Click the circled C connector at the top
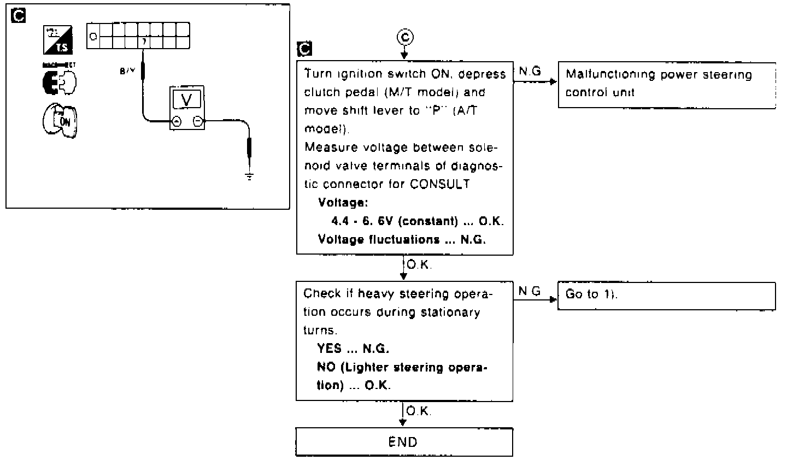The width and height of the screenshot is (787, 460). tap(404, 37)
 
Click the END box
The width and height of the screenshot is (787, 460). tap(404, 442)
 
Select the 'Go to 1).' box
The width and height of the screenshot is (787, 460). tap(666, 296)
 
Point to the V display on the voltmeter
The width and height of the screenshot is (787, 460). tap(186, 100)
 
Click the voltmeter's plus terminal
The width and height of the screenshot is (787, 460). tap(177, 122)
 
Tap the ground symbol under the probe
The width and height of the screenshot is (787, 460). tap(249, 176)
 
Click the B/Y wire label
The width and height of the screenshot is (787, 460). tap(128, 71)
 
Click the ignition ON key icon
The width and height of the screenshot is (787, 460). tap(60, 121)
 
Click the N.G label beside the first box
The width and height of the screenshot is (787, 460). tap(530, 72)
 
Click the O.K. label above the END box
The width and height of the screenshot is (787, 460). tap(419, 411)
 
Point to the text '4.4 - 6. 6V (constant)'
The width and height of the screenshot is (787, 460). tap(394, 221)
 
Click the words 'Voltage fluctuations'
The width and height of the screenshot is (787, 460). tap(379, 239)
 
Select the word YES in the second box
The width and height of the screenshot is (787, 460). tap(330, 349)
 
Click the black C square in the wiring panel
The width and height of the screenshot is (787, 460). tap(18, 16)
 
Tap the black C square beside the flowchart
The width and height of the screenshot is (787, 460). tap(304, 49)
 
